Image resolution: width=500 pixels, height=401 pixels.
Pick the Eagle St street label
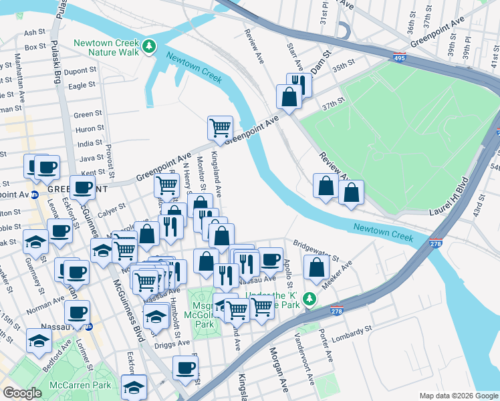pyautogui.click(x=82, y=86)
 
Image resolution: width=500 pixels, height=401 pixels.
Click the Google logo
pyautogui.click(x=22, y=393)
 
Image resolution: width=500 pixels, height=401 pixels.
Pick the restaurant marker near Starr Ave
pyautogui.click(x=299, y=84)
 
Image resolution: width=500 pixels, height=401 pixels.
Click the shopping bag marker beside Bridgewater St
pyautogui.click(x=317, y=267)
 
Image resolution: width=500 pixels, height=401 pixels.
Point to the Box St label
pyautogui.click(x=35, y=47)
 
